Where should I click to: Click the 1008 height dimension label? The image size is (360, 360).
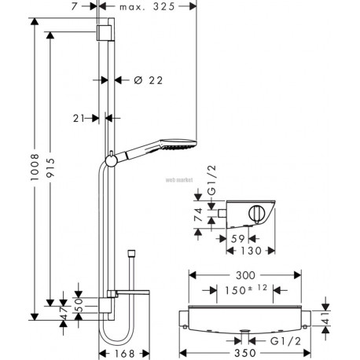35,167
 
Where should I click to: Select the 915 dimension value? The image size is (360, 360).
50,167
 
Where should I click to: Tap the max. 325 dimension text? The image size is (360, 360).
147,6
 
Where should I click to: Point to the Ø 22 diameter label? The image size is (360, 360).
149,80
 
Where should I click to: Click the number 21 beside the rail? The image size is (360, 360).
79,119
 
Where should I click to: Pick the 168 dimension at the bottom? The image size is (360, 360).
124,354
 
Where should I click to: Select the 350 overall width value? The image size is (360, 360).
245,353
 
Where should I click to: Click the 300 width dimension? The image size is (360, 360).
245,275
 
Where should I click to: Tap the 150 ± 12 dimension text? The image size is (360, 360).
246,290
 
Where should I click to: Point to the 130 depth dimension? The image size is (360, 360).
251,251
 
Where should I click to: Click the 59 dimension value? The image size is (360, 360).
238,239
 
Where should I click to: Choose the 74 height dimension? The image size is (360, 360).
198,215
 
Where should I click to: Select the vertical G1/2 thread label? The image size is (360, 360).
211,180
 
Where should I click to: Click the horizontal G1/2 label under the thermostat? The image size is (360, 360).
285,341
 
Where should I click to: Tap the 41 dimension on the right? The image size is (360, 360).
325,318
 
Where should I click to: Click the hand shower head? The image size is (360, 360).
178,144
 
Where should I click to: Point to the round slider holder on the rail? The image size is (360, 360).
111,160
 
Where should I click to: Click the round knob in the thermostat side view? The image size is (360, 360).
256,214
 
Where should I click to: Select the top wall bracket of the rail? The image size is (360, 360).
105,33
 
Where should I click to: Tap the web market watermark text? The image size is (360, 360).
179,180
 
